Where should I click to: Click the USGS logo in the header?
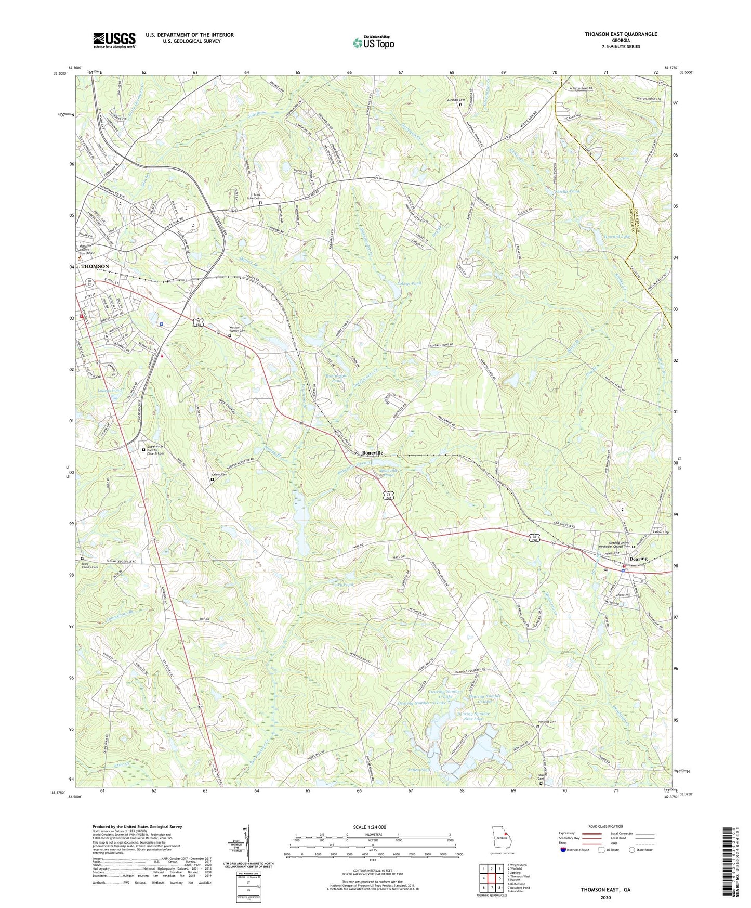[114, 40]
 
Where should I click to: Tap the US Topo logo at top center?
[373, 43]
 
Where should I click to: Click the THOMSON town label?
[95, 266]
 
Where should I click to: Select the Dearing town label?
[638, 559]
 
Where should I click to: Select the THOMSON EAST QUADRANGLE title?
[621, 34]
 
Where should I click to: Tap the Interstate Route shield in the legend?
[564, 850]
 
